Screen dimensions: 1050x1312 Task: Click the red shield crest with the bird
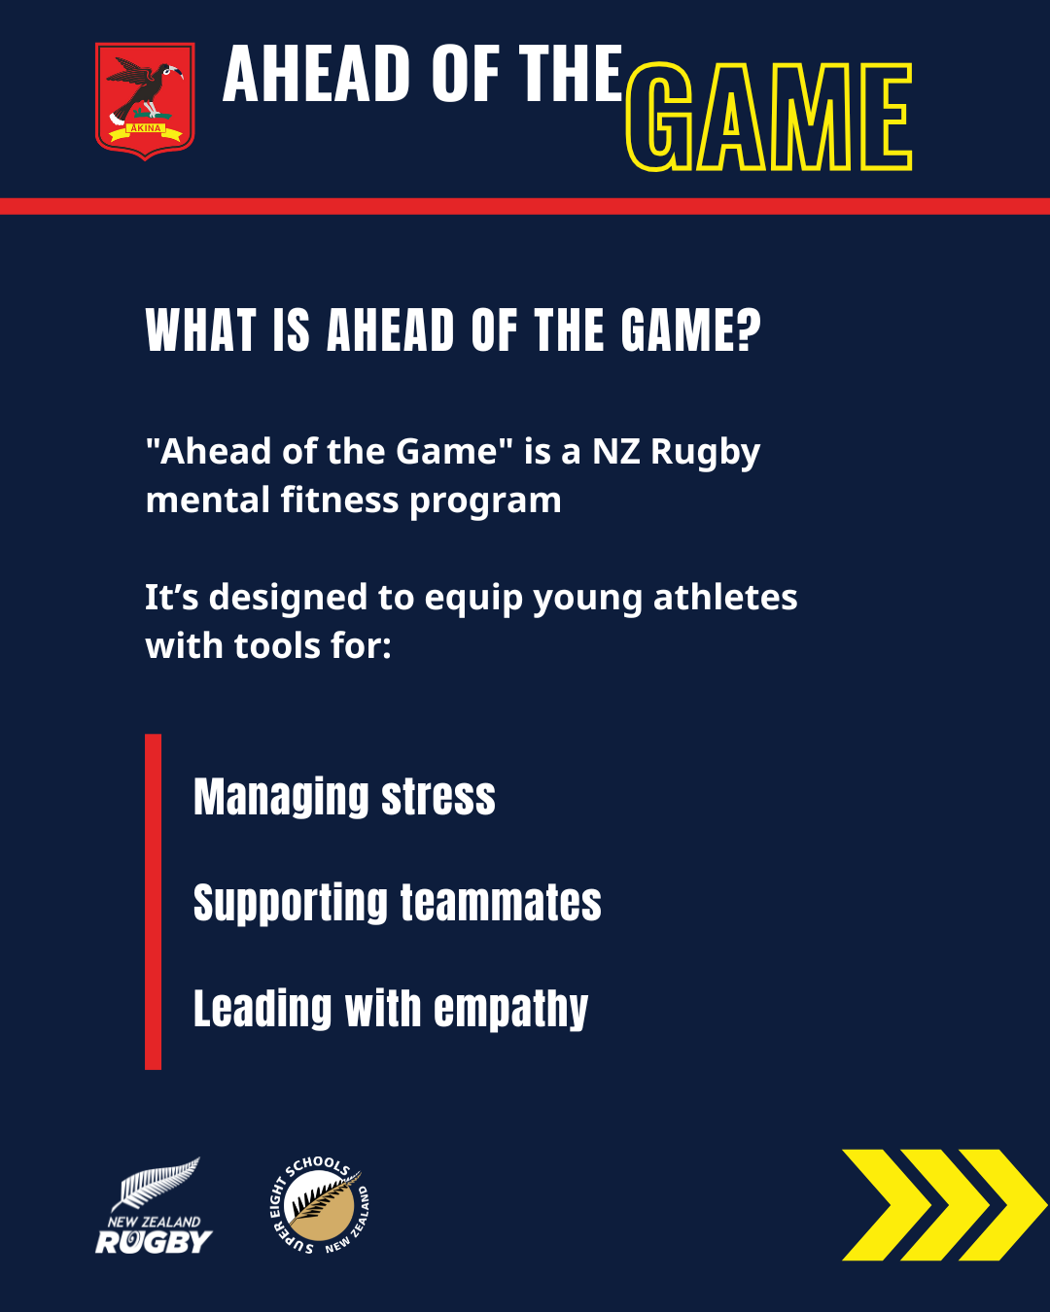coord(145,101)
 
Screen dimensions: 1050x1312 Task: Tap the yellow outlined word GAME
coord(769,117)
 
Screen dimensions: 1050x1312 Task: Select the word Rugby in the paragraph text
coord(705,453)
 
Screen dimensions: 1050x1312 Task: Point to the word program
coord(485,501)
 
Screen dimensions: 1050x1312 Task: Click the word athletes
coord(725,597)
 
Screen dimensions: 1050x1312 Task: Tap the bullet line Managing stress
coord(345,798)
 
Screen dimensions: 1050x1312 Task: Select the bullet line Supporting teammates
coord(398,904)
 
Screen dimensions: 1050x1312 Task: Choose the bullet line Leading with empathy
coord(391,1010)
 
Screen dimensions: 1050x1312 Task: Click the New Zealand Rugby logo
coord(154,1206)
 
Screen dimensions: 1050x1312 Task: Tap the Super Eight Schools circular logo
coord(320,1206)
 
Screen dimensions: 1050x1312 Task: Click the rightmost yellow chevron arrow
coord(1003,1205)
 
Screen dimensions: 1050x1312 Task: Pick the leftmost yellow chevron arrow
coord(886,1205)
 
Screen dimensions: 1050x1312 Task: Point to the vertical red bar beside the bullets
coord(154,902)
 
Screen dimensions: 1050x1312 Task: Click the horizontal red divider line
coord(525,206)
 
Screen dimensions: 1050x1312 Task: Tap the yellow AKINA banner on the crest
coord(146,129)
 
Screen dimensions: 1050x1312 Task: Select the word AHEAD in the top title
coord(316,73)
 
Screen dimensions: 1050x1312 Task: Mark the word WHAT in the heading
coord(199,329)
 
